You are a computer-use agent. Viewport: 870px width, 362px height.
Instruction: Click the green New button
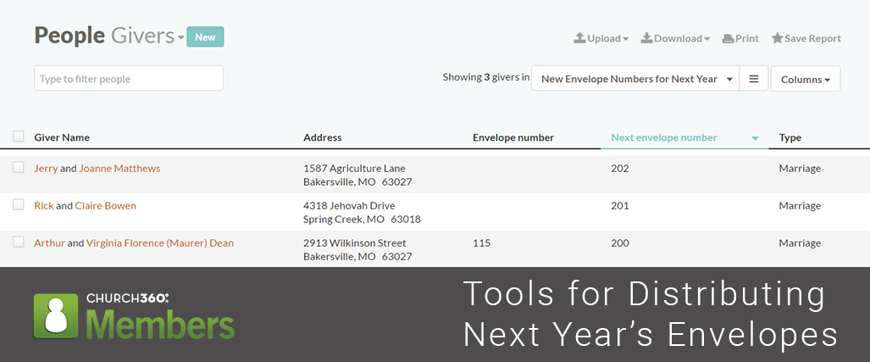(205, 36)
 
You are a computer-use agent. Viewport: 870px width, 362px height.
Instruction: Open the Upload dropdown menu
(601, 38)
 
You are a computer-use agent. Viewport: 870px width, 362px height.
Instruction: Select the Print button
(740, 38)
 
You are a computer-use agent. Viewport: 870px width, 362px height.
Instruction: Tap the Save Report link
(806, 38)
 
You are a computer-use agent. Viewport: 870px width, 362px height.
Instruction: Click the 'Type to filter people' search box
(129, 79)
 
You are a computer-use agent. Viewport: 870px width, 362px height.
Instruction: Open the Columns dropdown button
(805, 79)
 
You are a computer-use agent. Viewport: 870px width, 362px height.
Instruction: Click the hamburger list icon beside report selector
(754, 79)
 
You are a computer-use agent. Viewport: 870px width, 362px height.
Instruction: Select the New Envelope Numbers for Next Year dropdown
(635, 79)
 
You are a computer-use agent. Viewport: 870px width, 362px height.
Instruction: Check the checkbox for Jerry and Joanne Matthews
(19, 168)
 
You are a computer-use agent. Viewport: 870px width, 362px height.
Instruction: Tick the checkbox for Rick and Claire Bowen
(19, 205)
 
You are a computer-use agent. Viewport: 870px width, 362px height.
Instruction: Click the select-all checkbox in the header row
(19, 136)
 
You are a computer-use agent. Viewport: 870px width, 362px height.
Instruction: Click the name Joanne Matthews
(119, 169)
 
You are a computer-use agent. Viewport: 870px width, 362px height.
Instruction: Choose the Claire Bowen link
(105, 206)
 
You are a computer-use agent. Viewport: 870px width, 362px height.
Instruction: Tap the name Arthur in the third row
(49, 243)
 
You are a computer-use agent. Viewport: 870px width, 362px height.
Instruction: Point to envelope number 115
(481, 243)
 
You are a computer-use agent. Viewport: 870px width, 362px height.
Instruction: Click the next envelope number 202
(620, 169)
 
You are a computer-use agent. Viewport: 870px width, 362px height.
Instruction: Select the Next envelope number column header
(664, 137)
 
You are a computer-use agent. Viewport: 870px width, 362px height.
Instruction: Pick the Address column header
(322, 137)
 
